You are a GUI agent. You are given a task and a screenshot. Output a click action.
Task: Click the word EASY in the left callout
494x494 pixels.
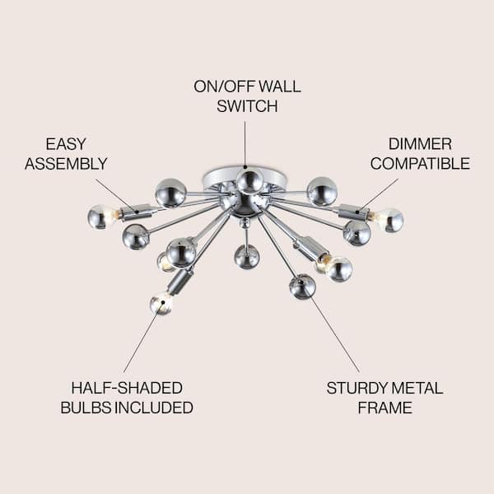(x=66, y=144)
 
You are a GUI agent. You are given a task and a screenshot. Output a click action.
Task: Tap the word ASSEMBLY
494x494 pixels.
(x=66, y=164)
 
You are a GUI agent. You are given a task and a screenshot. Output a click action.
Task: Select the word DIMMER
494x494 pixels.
(x=420, y=144)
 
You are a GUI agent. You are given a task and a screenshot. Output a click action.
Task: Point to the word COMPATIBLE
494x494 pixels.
(x=420, y=164)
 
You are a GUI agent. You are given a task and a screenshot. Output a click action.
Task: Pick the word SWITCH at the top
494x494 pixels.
(x=247, y=106)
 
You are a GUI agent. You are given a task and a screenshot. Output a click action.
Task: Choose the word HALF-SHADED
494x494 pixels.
(x=127, y=388)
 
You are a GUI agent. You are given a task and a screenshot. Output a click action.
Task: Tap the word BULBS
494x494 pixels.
(x=86, y=408)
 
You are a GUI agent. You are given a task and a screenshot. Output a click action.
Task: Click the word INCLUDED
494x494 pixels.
(x=154, y=408)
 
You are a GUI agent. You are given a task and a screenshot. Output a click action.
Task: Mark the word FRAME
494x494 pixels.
(x=384, y=408)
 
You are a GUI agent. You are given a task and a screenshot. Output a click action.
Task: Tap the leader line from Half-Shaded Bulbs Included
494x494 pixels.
(x=143, y=338)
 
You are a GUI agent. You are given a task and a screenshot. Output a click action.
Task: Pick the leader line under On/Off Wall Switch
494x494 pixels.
(x=245, y=144)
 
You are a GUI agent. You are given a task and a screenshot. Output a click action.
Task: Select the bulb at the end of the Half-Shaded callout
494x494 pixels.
(x=161, y=304)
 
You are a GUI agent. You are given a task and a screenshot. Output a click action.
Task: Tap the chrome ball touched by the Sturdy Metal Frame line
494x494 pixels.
(x=302, y=287)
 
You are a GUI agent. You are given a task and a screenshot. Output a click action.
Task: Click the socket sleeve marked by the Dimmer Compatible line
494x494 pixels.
(x=353, y=212)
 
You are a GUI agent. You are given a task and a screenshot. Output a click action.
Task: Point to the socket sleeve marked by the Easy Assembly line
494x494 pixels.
(x=137, y=212)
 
